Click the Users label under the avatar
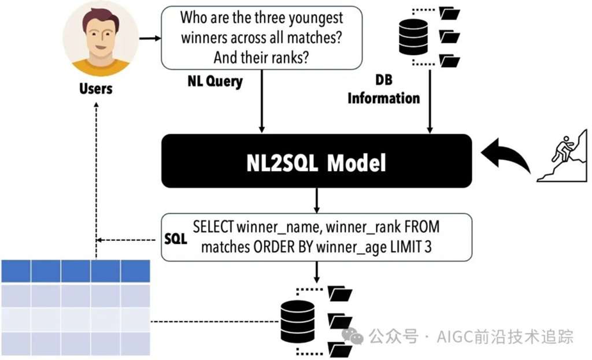click(x=96, y=88)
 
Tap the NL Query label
click(x=214, y=81)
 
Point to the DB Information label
click(x=383, y=90)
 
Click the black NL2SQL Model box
click(x=317, y=162)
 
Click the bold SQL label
click(x=176, y=239)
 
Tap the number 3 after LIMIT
click(x=427, y=247)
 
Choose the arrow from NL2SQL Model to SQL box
click(x=317, y=201)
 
